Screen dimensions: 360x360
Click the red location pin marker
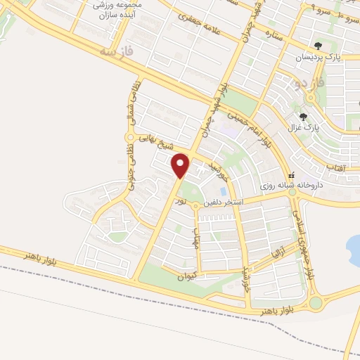click(x=181, y=165)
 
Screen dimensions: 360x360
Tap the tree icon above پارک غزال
click(x=304, y=117)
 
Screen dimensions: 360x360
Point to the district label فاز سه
click(x=117, y=51)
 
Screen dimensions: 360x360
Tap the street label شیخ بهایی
click(x=155, y=143)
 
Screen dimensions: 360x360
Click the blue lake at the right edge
click(x=354, y=250)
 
